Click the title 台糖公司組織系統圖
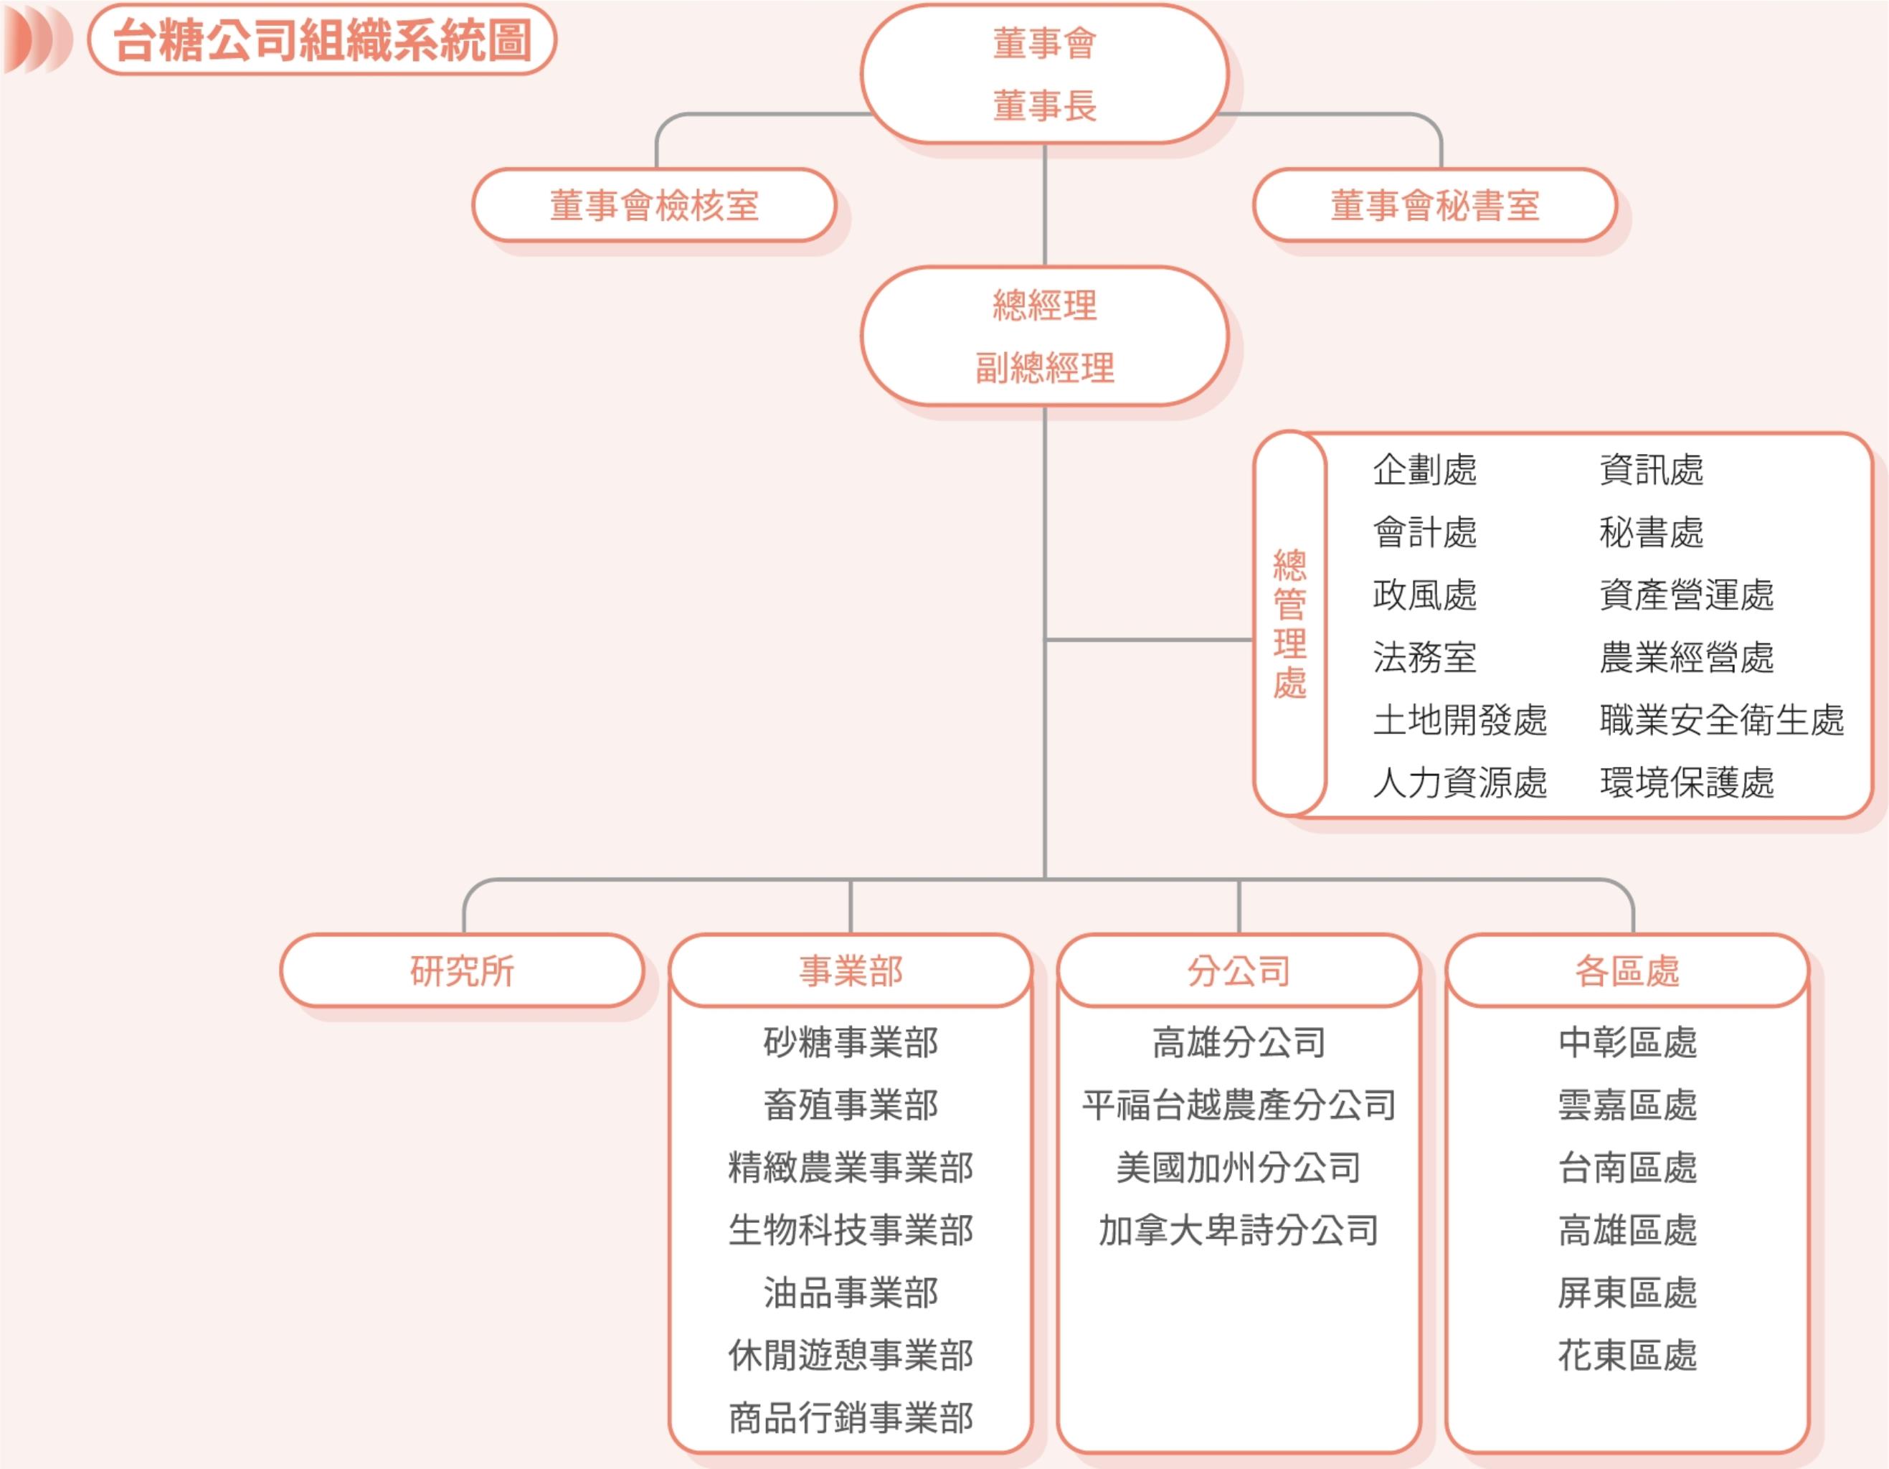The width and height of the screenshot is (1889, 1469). [322, 39]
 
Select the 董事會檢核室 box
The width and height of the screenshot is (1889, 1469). [654, 206]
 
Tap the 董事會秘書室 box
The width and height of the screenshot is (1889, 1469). [1434, 206]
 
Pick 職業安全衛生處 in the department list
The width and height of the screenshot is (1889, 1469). [1721, 719]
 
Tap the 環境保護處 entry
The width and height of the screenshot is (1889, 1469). [1687, 782]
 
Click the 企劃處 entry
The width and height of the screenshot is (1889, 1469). [1424, 470]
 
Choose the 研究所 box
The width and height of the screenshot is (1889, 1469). [462, 970]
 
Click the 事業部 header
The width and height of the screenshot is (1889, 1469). [851, 970]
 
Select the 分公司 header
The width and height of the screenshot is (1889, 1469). [1239, 970]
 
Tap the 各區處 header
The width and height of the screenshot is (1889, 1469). [1627, 970]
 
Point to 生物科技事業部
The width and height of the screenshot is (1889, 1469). [851, 1230]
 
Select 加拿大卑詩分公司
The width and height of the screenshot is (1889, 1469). [1239, 1230]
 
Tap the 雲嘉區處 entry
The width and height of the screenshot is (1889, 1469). [1627, 1105]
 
